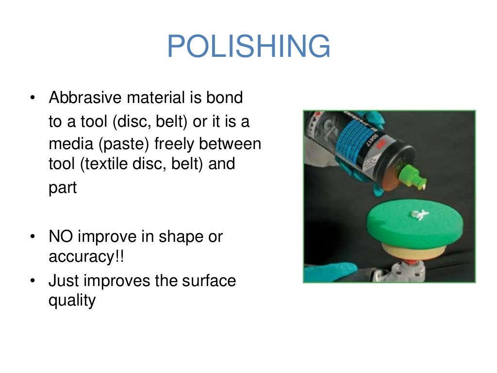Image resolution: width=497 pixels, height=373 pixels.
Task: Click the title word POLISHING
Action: (248, 47)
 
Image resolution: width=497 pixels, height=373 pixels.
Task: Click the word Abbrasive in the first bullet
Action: (85, 98)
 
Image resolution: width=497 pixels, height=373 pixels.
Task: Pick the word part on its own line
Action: (63, 188)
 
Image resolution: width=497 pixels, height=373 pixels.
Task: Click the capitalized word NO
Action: (61, 237)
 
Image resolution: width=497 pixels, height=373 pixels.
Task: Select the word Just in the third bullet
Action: (64, 281)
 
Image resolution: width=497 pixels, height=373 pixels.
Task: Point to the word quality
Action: (72, 301)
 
